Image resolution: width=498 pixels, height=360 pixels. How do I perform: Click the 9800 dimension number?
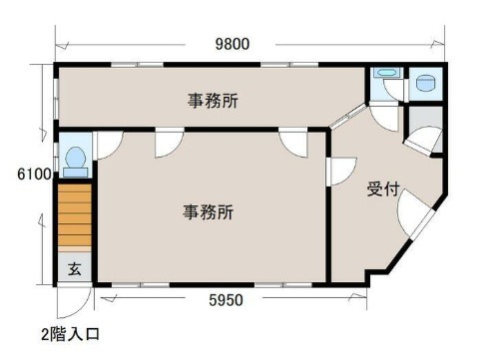click(233, 44)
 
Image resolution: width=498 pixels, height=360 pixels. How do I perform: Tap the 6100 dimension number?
click(35, 174)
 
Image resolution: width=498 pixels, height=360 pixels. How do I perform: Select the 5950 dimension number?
click(226, 300)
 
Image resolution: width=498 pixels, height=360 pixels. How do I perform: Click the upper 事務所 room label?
click(213, 101)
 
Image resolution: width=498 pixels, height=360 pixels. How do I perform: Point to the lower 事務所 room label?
click(208, 211)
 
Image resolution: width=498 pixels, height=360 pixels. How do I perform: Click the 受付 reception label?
click(383, 189)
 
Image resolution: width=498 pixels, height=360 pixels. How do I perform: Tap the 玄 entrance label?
click(75, 269)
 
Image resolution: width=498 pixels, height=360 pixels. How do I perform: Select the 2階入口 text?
click(70, 334)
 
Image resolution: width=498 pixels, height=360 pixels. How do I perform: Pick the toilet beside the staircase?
click(76, 163)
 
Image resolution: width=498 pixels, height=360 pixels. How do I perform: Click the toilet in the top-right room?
click(426, 83)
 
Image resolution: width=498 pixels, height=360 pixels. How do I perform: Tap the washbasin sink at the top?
click(385, 72)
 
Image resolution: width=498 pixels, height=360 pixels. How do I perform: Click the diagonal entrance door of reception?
click(416, 215)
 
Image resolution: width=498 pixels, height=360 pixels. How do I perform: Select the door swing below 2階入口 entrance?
click(75, 301)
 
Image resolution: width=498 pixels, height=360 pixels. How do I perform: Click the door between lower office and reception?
click(342, 171)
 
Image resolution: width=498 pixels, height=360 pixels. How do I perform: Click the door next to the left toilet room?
click(109, 146)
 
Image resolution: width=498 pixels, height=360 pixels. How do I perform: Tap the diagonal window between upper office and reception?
click(348, 116)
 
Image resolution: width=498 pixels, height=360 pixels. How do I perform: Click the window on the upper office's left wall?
click(56, 98)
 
